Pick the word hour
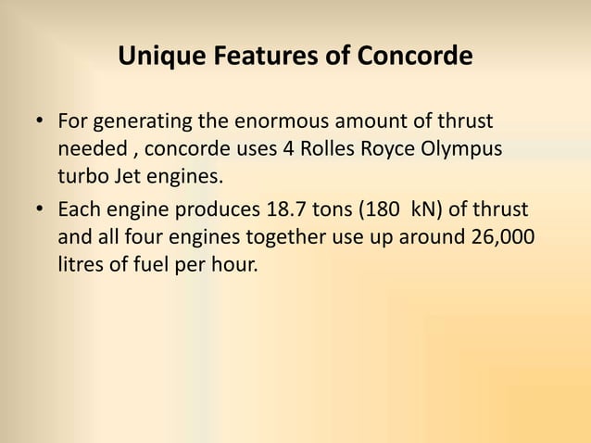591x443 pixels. [231, 263]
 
